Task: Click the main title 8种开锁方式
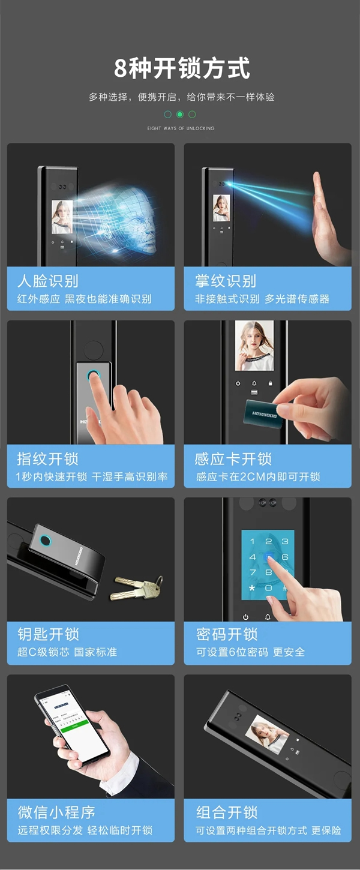(182, 68)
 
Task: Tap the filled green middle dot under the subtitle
(180, 114)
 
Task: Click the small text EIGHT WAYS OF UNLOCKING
(181, 128)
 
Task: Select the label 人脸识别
(47, 281)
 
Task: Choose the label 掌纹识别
(226, 281)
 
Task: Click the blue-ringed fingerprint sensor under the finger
(94, 377)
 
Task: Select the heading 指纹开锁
(47, 459)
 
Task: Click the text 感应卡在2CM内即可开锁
(258, 476)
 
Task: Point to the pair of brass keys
(137, 586)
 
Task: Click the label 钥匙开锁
(47, 634)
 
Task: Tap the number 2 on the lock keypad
(268, 542)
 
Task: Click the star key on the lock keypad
(252, 588)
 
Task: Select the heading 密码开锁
(226, 634)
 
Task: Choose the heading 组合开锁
(226, 812)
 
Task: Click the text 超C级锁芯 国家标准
(67, 652)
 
